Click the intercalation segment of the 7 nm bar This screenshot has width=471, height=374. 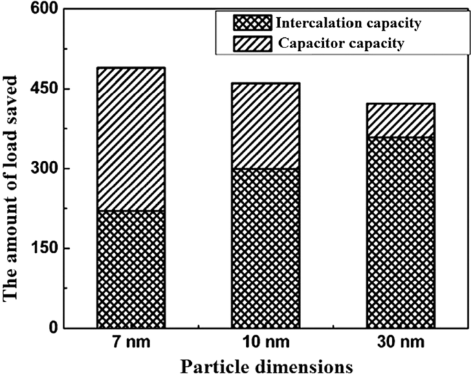point(131,269)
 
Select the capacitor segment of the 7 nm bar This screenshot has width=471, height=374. point(131,139)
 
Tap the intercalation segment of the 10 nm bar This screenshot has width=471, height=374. point(265,248)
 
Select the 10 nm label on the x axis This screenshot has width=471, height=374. point(265,342)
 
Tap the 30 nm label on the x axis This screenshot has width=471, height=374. point(400,342)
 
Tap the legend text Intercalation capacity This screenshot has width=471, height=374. point(348,23)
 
